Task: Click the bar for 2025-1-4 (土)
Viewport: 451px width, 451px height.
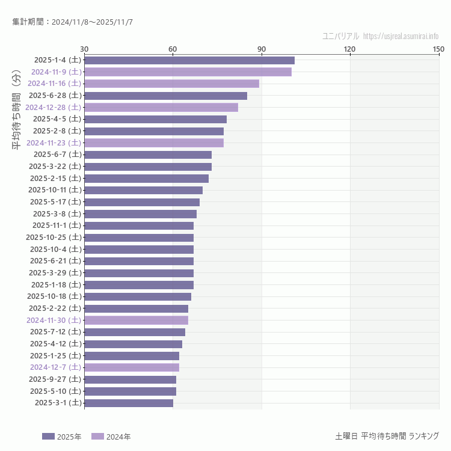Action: click(189, 60)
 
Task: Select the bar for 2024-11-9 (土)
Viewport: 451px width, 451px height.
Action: click(188, 72)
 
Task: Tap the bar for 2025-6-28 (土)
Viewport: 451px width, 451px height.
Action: click(165, 96)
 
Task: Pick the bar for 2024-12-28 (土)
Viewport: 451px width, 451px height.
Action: click(161, 107)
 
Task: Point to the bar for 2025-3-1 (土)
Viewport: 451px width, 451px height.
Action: click(129, 403)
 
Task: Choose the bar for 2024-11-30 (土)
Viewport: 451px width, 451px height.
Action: click(136, 320)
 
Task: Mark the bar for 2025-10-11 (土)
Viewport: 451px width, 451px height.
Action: click(143, 190)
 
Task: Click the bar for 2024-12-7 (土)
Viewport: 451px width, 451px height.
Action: click(132, 367)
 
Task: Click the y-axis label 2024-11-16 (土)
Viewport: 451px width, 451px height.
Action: click(54, 84)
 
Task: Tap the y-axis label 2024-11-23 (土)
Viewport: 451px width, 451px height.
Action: click(54, 143)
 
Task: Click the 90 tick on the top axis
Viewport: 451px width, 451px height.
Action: click(262, 49)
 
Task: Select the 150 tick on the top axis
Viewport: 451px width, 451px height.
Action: click(438, 49)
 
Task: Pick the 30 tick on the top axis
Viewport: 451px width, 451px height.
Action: click(84, 49)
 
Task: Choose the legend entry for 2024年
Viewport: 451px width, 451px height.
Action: click(111, 437)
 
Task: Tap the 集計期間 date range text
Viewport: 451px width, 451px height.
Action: click(72, 22)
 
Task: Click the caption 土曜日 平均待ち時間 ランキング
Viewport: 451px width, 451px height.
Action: click(387, 436)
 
